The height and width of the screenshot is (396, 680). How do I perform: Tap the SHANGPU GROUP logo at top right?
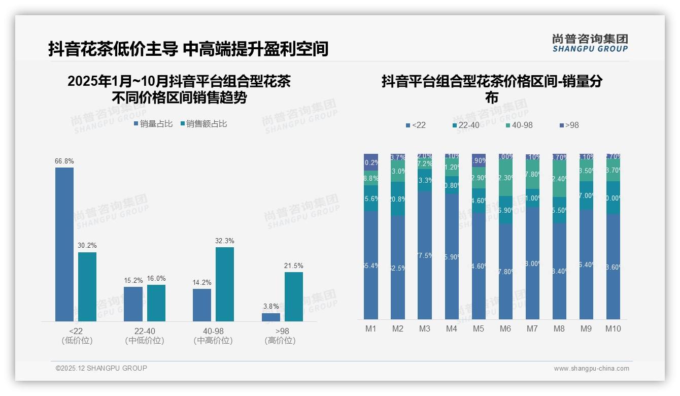coord(590,43)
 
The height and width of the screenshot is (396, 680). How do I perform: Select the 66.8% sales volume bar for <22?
coord(64,244)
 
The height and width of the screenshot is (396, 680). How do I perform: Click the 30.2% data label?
coord(87,246)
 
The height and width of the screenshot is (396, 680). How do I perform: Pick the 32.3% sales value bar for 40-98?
coord(225,284)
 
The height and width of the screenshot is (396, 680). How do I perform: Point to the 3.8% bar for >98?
coord(271,317)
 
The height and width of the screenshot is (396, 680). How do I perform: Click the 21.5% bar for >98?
coord(294,296)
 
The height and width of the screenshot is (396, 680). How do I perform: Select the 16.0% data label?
coord(156,278)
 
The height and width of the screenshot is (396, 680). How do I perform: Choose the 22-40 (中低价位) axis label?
coord(145,336)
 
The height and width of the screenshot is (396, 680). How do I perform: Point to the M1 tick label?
coord(371,328)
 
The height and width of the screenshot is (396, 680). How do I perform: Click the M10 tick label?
coord(613,328)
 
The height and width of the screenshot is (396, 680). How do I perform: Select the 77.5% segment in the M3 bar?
coord(425,255)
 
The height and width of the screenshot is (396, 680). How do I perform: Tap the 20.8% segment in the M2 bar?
coord(398,199)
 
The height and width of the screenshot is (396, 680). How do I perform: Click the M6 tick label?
coord(505,328)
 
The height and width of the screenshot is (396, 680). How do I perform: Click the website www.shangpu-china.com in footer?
coord(591,369)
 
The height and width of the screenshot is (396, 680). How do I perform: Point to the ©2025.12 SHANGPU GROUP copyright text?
coord(101,368)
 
